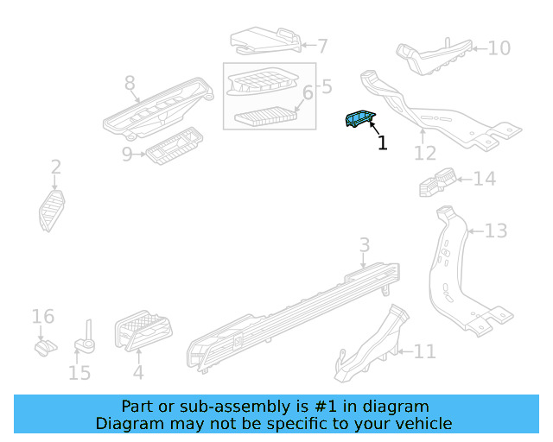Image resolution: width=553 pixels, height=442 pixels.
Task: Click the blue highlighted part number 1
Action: [359, 120]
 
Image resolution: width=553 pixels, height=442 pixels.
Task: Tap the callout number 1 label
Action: [382, 143]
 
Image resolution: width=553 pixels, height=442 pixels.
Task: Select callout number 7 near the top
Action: [322, 47]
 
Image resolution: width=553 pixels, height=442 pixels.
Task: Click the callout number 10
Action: [499, 47]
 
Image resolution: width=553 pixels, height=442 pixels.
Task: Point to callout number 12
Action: [424, 154]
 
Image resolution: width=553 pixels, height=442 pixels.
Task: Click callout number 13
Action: [495, 230]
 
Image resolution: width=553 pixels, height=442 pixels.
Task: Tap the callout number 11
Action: [424, 351]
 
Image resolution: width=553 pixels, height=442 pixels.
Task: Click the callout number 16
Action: [43, 317]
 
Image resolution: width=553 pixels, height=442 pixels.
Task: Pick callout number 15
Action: [79, 373]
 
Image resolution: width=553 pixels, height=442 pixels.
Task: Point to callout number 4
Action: [137, 374]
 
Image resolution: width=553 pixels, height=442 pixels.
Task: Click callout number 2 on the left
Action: [55, 167]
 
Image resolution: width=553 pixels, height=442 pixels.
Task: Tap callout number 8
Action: [130, 83]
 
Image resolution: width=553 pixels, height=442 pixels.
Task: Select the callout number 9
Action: [126, 155]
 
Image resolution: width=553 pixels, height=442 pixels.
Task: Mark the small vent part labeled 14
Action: [436, 180]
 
